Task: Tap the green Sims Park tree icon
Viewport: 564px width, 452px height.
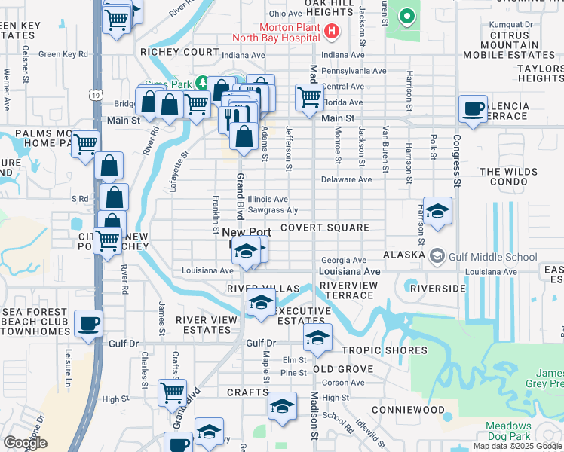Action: (x=201, y=81)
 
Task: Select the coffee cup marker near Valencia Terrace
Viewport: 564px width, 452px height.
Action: (x=473, y=109)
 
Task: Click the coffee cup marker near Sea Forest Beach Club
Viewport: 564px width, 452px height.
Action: (x=88, y=324)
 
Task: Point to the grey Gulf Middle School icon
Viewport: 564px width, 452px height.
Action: (x=437, y=257)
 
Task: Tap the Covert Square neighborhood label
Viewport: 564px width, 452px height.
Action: (x=324, y=228)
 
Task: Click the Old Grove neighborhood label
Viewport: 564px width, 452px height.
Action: (x=343, y=369)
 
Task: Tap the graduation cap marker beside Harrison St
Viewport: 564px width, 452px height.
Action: (x=437, y=212)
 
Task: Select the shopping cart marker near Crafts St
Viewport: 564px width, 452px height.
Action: (x=173, y=392)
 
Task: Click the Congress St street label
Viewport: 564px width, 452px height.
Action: (x=457, y=162)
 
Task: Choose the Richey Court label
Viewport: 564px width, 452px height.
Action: (x=185, y=53)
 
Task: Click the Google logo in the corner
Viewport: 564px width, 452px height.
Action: (x=25, y=443)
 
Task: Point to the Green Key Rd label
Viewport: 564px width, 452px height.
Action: (x=63, y=54)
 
